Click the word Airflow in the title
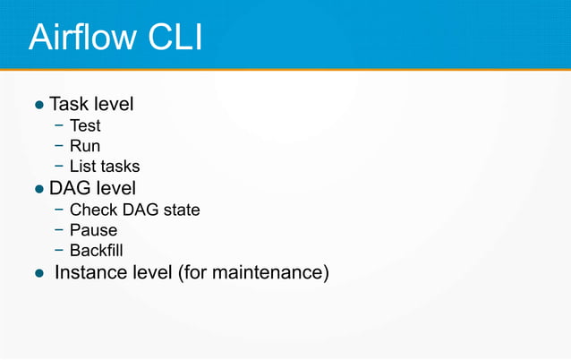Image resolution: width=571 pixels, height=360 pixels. pos(81,38)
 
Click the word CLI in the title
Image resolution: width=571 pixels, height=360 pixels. pos(172,38)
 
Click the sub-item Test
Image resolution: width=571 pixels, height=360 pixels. pos(85,126)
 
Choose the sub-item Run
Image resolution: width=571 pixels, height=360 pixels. pos(85,146)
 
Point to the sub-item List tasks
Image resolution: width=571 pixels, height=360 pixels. pos(105,166)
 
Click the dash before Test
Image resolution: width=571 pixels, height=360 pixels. pos(58,126)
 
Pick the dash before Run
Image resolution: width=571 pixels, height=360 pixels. pos(58,146)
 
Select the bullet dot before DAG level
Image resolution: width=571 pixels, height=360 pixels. pos(38,190)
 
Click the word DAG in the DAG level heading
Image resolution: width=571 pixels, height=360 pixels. pos(70,188)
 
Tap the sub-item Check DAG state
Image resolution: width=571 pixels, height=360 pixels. pos(134,210)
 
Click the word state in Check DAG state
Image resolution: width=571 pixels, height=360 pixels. pos(181,210)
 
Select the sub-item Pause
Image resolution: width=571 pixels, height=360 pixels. pos(93,230)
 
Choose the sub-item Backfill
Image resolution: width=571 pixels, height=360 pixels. pos(98,250)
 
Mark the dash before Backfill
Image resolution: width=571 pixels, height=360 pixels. pos(58,250)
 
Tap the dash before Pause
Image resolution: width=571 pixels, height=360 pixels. pos(58,230)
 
